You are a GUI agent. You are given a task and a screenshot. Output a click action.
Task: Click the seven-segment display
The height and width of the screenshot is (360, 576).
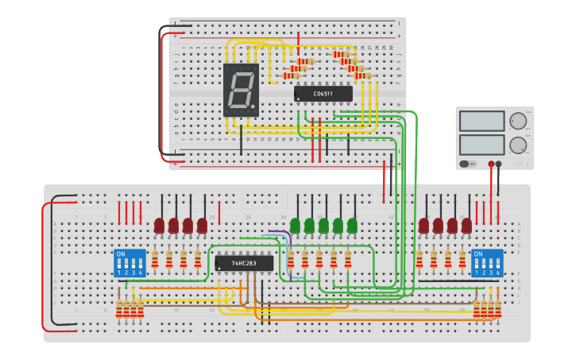[241, 90]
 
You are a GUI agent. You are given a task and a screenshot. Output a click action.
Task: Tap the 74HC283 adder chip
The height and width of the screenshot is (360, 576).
[244, 263]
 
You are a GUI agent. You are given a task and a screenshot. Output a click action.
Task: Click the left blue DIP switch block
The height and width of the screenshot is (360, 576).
[130, 262]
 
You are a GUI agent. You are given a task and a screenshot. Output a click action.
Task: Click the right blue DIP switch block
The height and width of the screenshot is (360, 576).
[487, 262]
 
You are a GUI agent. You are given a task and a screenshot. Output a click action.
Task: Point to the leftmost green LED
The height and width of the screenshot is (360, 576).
[296, 226]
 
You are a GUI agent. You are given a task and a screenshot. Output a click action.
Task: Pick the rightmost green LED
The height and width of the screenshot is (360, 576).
[352, 226]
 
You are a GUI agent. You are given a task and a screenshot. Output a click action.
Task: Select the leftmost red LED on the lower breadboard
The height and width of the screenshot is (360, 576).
[159, 226]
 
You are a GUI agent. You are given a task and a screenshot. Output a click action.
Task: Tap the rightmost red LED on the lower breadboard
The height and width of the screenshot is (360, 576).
[466, 226]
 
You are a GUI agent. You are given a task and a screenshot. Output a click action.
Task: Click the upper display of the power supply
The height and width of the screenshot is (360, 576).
[481, 121]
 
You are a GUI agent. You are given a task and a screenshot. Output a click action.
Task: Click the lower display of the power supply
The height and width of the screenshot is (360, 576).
[481, 145]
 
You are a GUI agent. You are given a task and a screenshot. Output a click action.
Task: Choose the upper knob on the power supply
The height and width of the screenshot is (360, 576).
[518, 121]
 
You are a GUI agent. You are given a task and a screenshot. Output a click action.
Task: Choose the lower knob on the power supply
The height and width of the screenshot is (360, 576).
[518, 145]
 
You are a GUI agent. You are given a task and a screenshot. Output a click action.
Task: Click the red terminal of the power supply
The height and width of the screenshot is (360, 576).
[491, 164]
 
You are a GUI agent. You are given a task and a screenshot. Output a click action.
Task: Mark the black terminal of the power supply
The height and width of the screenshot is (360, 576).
[499, 164]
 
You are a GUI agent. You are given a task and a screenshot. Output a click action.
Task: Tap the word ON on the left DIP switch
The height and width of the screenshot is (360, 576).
[121, 254]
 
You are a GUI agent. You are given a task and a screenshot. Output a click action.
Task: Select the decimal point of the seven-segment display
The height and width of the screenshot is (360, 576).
[256, 107]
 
